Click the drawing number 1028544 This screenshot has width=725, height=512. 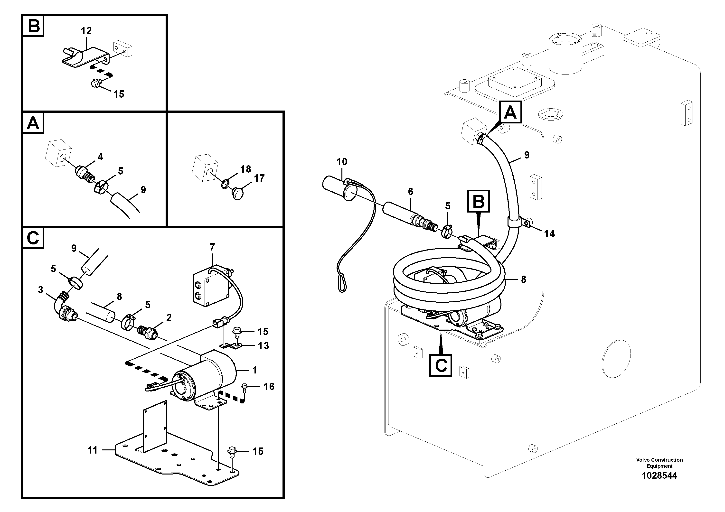click(659, 475)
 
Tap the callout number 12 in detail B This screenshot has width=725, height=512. click(86, 31)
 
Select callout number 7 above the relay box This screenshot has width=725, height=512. click(212, 247)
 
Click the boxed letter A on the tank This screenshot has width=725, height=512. click(510, 112)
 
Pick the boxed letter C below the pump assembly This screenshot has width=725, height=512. click(441, 365)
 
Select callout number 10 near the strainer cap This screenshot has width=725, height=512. click(342, 162)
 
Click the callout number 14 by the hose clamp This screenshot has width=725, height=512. click(549, 233)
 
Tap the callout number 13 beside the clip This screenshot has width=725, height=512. click(263, 346)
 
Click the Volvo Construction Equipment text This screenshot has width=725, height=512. click(659, 463)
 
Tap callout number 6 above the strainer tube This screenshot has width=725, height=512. click(411, 191)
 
